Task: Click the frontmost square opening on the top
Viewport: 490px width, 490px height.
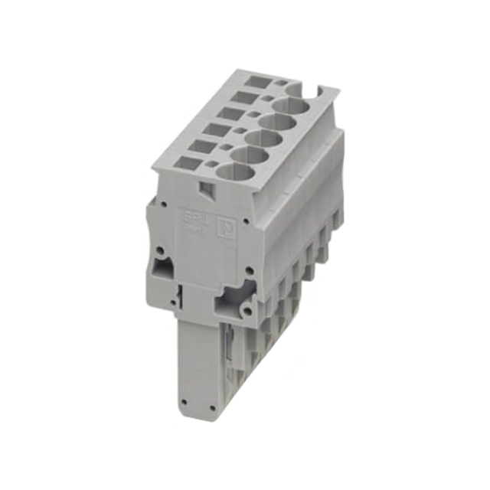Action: click(x=187, y=162)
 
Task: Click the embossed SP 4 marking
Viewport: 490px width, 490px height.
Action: click(x=194, y=219)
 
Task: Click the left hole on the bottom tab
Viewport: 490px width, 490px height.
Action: click(x=184, y=398)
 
